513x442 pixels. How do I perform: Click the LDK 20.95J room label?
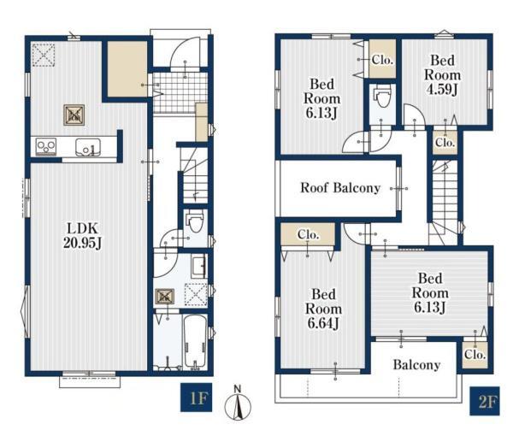click(x=83, y=235)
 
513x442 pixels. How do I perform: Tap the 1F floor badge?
click(x=197, y=397)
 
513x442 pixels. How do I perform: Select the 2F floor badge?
click(x=485, y=401)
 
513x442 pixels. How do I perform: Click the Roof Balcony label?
click(x=340, y=188)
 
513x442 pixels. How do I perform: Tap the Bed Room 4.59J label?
click(x=442, y=74)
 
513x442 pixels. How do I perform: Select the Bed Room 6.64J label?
click(x=323, y=309)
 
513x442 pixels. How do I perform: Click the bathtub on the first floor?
click(x=195, y=341)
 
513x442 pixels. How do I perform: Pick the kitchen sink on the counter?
click(x=88, y=147)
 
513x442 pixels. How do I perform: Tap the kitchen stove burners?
click(x=46, y=146)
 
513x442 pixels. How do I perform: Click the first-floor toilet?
click(x=195, y=222)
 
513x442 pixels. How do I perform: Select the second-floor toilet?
click(x=382, y=97)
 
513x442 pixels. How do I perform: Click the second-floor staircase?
click(x=445, y=203)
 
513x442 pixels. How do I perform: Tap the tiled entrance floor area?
click(x=180, y=92)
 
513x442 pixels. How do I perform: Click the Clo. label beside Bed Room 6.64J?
click(x=308, y=234)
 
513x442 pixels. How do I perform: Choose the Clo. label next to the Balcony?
click(x=475, y=355)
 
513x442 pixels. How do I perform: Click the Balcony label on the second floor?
click(x=416, y=365)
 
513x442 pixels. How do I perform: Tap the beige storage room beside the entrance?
click(x=127, y=69)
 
